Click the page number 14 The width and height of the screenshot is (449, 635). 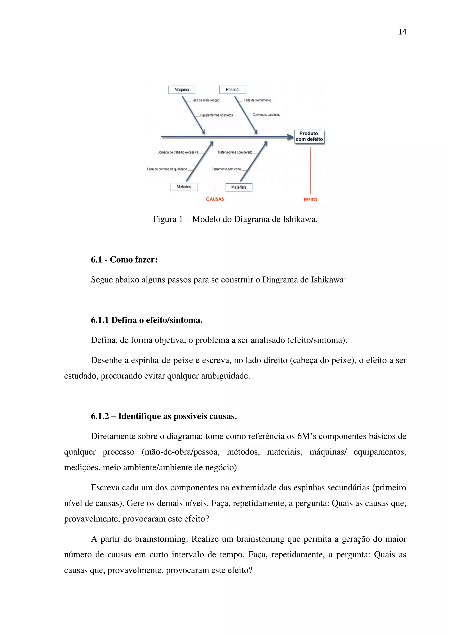pos(402,32)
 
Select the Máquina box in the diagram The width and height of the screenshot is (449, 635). pos(182,90)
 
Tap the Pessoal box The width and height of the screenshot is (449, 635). pos(232,90)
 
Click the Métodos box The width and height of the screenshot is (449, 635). pos(184,187)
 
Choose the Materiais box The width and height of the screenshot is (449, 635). pos(239,187)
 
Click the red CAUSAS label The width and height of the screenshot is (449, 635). pos(215,199)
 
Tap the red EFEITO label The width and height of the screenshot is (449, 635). pos(310,200)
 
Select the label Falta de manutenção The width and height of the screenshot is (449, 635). pos(205,100)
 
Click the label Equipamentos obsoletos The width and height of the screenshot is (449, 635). pos(216,115)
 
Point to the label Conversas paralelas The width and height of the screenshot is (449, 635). pos(266,115)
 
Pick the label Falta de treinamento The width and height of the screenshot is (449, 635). pos(257,100)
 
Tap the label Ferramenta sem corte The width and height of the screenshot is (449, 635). pos(226,169)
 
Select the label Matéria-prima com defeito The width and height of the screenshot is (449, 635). pos(235,152)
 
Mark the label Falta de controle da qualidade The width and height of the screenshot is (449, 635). pos(167,169)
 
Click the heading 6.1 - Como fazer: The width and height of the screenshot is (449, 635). pos(124,260)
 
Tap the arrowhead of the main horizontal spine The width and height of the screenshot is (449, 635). pos(290,137)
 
